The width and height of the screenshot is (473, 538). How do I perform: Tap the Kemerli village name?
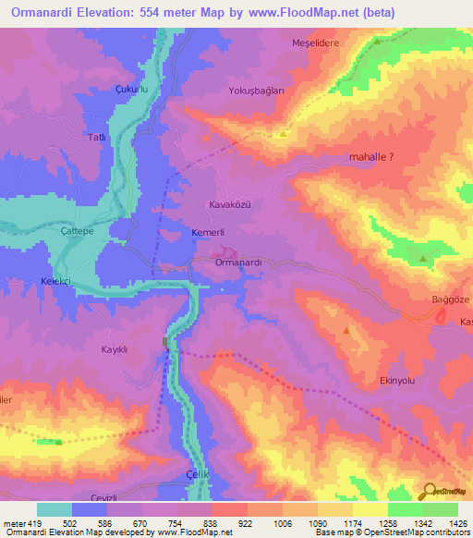click(209, 232)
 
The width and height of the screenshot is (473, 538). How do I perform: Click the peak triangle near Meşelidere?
click(377, 42)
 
